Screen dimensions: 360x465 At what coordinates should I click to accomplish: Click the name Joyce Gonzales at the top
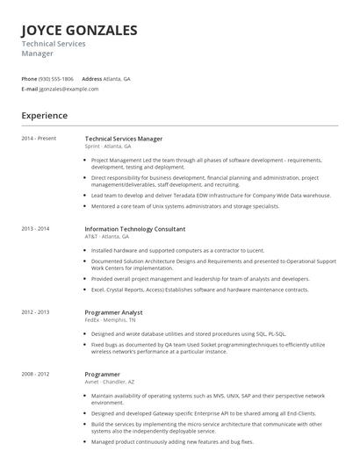coord(79,31)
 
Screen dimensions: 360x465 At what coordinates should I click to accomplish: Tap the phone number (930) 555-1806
coord(57,78)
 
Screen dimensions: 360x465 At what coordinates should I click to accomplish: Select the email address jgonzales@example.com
coord(69,89)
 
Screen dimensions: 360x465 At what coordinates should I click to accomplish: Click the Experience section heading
coord(44,115)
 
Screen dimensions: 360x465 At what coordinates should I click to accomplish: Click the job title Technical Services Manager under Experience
coord(123,139)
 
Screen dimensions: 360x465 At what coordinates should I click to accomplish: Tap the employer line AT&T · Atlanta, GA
coord(106,237)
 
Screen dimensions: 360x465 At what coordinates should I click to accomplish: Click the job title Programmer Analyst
coord(113,312)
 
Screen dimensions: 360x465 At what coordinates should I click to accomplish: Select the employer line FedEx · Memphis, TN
coord(110,320)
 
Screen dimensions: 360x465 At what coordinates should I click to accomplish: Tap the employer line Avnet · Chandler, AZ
coord(112,382)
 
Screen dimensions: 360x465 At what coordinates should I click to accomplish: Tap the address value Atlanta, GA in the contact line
coord(119,78)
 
